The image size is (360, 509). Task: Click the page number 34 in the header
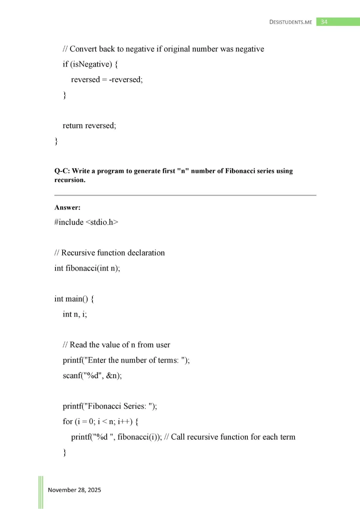324,22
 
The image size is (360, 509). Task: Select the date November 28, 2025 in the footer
75,490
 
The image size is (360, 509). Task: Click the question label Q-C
61,171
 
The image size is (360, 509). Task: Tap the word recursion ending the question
68,178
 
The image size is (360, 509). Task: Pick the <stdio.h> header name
102,222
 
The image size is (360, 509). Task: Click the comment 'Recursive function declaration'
113,253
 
